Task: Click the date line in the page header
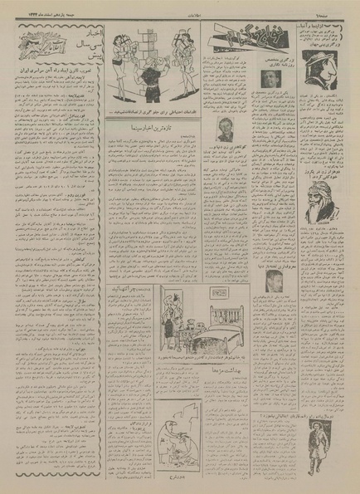pos(46,8)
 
